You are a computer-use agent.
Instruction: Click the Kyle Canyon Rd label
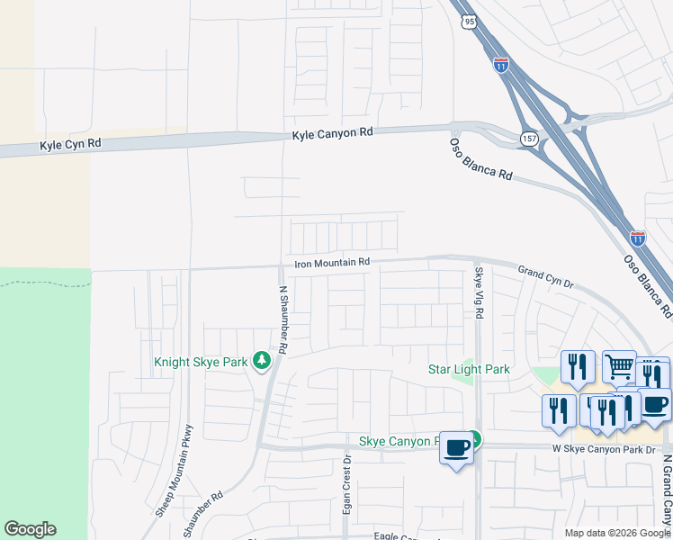click(x=332, y=133)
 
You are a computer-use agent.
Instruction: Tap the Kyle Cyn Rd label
click(x=70, y=144)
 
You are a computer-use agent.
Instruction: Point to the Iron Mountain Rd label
click(x=332, y=263)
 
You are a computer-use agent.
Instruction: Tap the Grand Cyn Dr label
click(x=545, y=275)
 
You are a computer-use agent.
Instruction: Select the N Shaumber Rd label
click(x=283, y=319)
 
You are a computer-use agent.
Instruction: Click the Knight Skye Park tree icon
click(x=262, y=361)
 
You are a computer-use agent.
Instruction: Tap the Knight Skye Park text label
click(x=200, y=362)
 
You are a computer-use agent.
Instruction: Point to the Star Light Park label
click(x=469, y=369)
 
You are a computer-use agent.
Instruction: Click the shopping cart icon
click(x=619, y=366)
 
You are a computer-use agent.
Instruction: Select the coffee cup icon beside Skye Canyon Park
click(x=457, y=447)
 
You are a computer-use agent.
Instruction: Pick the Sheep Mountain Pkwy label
click(x=175, y=470)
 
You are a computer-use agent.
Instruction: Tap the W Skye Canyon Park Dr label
click(x=607, y=447)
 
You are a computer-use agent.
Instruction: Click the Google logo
click(x=30, y=529)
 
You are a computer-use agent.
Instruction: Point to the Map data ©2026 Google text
click(x=617, y=533)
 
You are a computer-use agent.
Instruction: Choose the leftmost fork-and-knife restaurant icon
click(x=559, y=409)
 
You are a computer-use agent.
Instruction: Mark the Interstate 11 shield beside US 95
click(x=501, y=65)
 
